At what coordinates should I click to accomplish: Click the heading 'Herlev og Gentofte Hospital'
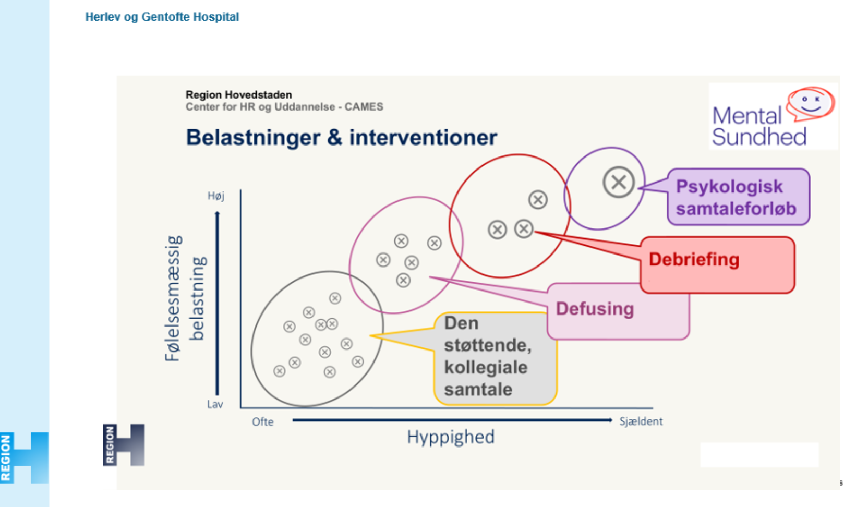pos(162,17)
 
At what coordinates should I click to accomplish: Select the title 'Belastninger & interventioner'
pos(341,138)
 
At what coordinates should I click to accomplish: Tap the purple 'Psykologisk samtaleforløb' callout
pos(738,197)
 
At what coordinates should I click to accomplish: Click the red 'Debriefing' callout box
pos(717,264)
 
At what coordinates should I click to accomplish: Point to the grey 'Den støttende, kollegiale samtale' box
pos(495,358)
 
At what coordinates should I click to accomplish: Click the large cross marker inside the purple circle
pos(618,183)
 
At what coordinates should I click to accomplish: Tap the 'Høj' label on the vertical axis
pos(215,196)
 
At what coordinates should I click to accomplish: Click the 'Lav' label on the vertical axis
pos(215,404)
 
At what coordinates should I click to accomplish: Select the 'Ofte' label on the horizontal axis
pos(262,422)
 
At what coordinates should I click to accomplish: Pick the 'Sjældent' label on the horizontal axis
pos(641,421)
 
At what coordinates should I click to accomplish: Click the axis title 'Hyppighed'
pos(451,437)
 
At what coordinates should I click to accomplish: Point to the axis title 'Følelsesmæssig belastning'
pos(185,298)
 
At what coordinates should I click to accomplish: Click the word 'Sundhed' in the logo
pos(759,137)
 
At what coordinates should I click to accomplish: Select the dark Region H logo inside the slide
pos(124,444)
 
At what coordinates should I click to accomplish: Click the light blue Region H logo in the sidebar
pos(24,457)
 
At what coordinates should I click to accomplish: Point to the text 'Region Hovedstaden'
pos(238,95)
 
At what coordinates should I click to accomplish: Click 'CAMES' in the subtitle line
pos(364,107)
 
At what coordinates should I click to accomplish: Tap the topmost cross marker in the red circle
pos(538,200)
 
